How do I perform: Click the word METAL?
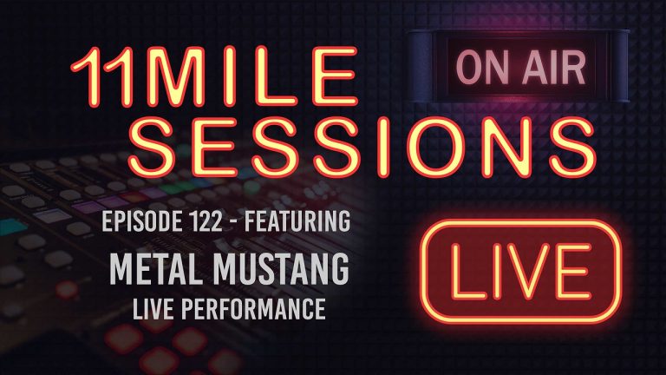(151, 271)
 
